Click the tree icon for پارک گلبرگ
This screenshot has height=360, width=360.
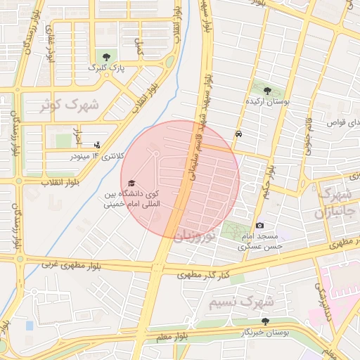coord(106,56)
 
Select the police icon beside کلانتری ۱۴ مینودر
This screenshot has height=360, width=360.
coord(96,146)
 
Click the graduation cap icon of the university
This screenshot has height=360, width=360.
coord(131,183)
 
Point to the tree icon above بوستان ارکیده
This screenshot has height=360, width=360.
coord(267,90)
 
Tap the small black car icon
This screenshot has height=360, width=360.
coord(239,133)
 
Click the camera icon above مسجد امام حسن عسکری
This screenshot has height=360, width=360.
coord(259,225)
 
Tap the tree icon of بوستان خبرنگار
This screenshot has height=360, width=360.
coord(264,321)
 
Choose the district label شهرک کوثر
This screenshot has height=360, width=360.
coord(53,105)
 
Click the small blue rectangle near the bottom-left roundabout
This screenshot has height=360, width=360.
coord(29,326)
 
